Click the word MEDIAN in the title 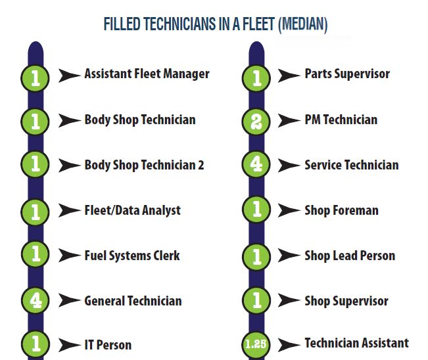[303, 25]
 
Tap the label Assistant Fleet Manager [147, 74]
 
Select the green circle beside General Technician [36, 301]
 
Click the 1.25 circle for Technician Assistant [256, 344]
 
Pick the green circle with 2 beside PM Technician [256, 120]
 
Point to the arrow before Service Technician [289, 166]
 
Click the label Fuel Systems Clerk [131, 256]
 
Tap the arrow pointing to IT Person [70, 344]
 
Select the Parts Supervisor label [347, 74]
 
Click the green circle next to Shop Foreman [256, 211]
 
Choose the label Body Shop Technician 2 [144, 165]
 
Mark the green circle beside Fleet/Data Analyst [36, 211]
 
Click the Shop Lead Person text [350, 256]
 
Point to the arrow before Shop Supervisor [289, 302]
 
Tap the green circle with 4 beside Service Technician [256, 166]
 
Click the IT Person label [108, 344]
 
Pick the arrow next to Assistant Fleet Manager [70, 75]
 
